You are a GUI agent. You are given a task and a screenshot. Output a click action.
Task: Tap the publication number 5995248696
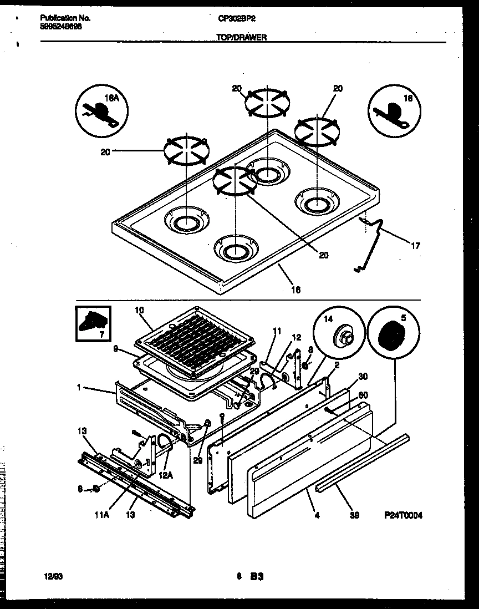click(62, 26)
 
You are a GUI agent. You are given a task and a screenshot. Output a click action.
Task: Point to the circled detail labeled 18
click(393, 111)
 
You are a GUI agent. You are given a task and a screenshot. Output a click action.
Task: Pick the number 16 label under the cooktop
click(295, 289)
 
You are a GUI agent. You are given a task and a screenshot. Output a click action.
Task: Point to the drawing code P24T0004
click(403, 515)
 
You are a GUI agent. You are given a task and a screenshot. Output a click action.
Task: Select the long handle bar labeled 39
click(363, 460)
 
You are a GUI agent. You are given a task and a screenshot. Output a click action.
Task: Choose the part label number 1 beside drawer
click(79, 388)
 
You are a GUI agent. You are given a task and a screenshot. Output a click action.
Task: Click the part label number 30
click(363, 376)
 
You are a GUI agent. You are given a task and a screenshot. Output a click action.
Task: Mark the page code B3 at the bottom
click(256, 577)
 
